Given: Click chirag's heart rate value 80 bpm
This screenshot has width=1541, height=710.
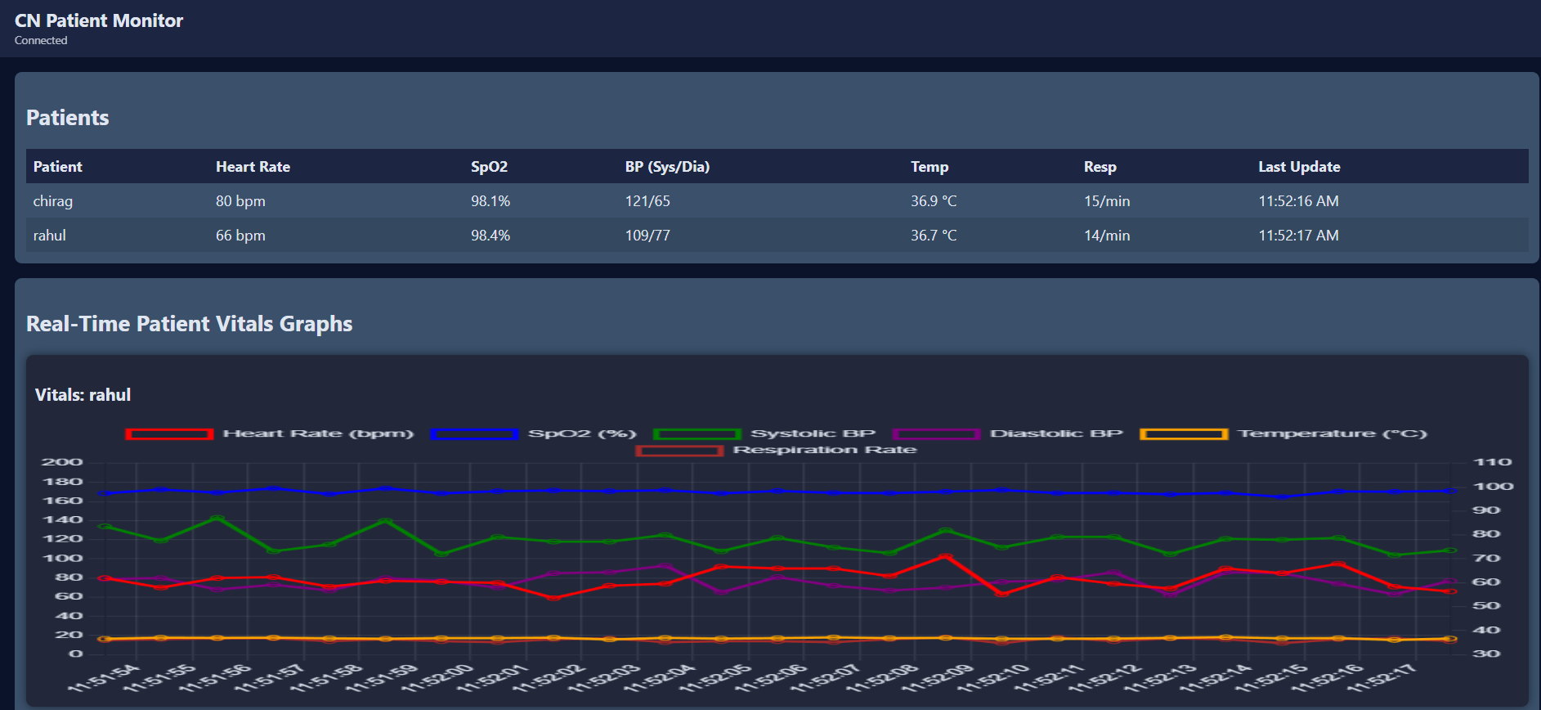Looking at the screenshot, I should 240,201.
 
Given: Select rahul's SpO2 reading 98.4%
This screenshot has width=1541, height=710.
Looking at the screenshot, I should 491,236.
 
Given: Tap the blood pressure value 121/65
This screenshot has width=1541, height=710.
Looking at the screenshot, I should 647,201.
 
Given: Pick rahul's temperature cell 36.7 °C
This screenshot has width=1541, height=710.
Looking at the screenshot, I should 934,236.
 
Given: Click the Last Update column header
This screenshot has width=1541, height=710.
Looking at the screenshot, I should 1299,167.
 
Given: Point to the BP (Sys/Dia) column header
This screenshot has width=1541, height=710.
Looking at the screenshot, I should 667,167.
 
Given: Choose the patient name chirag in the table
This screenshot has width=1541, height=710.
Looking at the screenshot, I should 53,201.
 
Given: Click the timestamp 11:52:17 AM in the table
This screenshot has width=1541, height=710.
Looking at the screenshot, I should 1298,236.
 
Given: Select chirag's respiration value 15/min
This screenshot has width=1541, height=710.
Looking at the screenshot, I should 1107,201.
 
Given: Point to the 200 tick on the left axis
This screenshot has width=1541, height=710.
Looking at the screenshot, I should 63,462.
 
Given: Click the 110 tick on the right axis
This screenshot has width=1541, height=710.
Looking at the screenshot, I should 1493,462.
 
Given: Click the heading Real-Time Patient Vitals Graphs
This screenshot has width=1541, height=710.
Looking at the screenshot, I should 190,324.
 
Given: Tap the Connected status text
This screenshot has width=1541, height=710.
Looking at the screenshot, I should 41,41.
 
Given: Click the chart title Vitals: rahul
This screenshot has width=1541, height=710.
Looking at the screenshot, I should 83,395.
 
